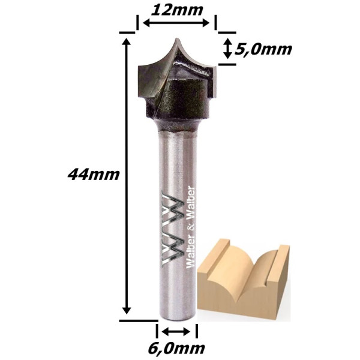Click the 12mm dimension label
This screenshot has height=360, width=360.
[x=177, y=10]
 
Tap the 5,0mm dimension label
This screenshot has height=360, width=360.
[x=263, y=49]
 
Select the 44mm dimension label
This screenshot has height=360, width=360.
[x=94, y=175]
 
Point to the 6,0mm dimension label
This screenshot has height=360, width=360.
[x=176, y=349]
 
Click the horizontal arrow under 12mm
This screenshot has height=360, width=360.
[x=176, y=23]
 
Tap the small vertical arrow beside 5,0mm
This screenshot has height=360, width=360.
[x=227, y=49]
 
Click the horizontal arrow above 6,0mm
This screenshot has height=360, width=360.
[x=176, y=331]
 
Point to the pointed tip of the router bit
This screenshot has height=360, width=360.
[x=176, y=38]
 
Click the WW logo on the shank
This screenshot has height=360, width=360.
[x=173, y=229]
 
